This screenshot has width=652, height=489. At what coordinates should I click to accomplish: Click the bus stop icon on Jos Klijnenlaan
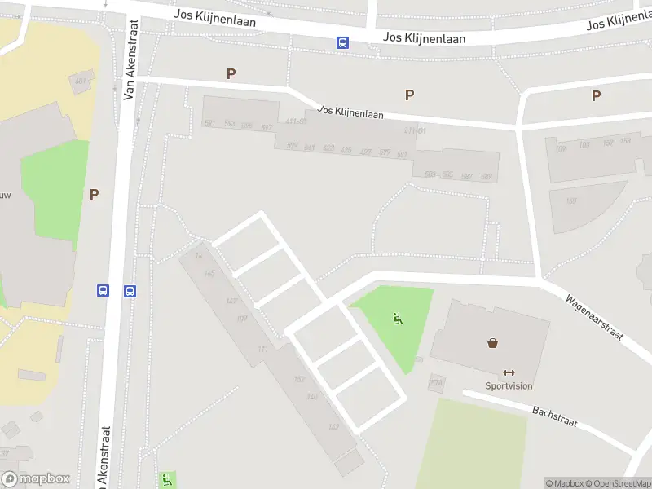click(343, 43)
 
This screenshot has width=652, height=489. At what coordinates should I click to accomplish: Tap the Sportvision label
click(509, 385)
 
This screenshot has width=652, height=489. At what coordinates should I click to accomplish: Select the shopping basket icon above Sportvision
click(493, 343)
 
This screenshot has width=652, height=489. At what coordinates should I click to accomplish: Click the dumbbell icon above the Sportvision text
click(509, 372)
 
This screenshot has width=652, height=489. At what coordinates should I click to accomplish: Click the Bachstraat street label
click(555, 416)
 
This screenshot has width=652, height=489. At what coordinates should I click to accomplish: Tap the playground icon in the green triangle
click(397, 319)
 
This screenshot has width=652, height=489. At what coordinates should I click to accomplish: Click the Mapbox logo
click(35, 479)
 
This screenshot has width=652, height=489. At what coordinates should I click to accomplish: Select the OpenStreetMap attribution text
click(616, 483)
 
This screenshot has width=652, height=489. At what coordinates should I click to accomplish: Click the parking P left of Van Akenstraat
click(95, 194)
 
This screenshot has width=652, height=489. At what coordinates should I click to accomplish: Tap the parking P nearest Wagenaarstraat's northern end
click(597, 95)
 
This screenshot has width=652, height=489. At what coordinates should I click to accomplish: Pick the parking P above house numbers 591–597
click(231, 74)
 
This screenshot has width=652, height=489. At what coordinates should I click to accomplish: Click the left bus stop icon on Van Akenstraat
click(104, 290)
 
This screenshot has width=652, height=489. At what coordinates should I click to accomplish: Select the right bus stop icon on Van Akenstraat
click(129, 290)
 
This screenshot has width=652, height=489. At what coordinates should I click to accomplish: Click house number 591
click(210, 123)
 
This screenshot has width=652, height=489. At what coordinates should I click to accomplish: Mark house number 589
click(487, 176)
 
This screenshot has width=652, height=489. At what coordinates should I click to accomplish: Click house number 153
click(625, 142)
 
